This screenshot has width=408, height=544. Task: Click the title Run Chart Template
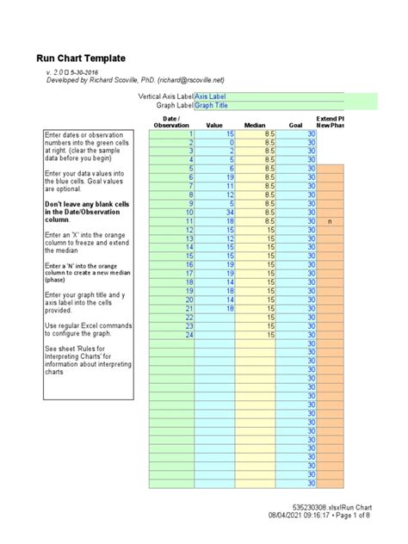tap(80, 58)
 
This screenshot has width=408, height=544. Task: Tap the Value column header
tap(214, 125)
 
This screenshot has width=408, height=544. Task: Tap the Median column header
tap(255, 125)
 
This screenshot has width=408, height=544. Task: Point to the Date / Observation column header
tap(170, 121)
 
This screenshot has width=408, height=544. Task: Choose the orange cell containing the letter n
tap(331, 221)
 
